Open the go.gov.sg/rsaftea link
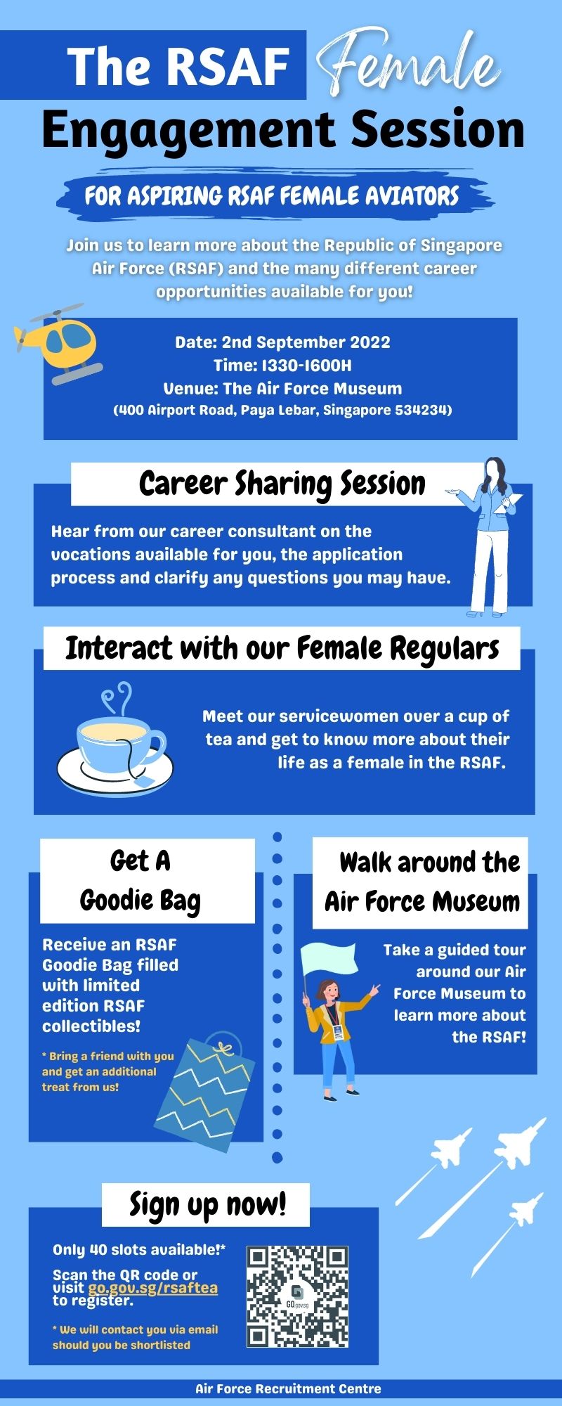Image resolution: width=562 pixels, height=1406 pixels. point(152,1288)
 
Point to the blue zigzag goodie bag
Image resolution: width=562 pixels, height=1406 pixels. point(204,1090)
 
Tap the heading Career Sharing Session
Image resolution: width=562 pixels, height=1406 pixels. point(282,484)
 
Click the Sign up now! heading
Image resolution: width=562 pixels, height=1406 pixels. point(207,1204)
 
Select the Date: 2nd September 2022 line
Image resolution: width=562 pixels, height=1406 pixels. point(282,342)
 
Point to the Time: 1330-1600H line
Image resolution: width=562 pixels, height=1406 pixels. point(282,366)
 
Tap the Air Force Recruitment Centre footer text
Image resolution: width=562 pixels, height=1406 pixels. point(288,1388)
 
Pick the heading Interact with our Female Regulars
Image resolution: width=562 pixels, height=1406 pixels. point(282,648)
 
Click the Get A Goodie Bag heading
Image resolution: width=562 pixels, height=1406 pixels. point(140,880)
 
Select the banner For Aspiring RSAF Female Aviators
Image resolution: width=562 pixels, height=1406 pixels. point(273,195)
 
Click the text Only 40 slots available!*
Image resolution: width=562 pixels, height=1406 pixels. point(139,1249)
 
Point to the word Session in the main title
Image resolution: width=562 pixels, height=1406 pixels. point(438,130)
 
